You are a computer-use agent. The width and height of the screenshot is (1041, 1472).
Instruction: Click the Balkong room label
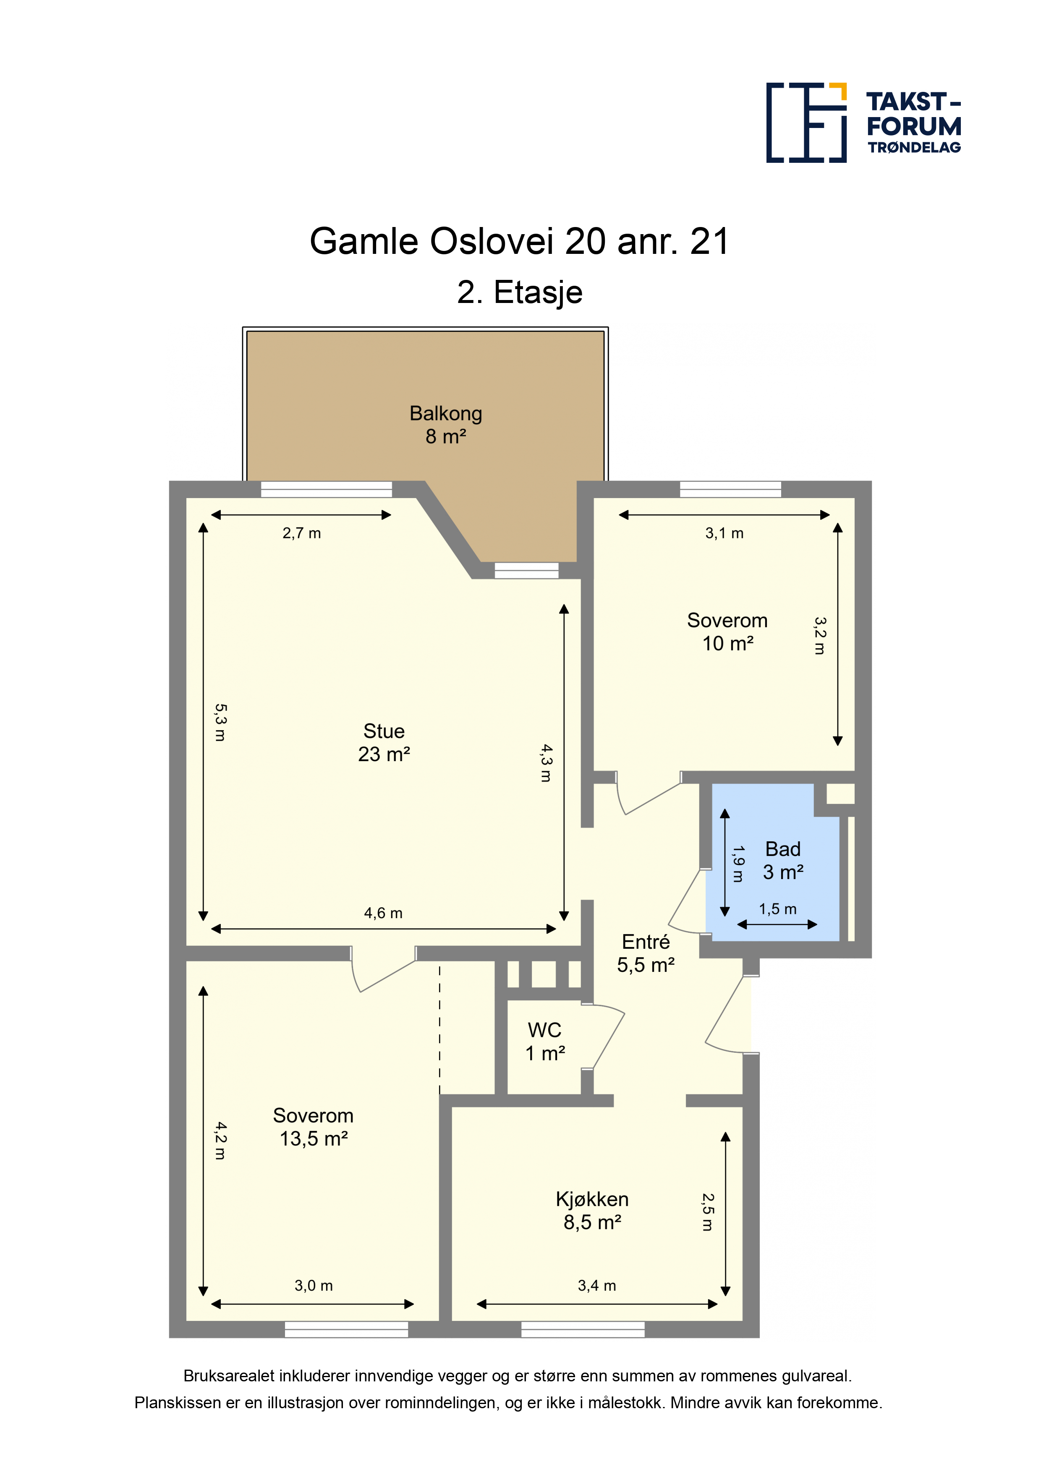point(446,424)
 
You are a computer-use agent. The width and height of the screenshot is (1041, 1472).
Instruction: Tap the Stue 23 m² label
point(384,742)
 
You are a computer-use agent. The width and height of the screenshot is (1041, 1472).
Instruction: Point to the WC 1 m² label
point(544,1041)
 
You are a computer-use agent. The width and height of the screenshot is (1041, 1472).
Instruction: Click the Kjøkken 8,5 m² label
point(592,1211)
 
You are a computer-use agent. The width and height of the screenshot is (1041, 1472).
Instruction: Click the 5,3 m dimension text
point(220,723)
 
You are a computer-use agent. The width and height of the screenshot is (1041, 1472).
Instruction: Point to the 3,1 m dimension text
point(724,533)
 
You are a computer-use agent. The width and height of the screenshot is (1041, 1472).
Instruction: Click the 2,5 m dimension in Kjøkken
point(707,1212)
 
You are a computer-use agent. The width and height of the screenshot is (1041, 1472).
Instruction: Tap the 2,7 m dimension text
point(301,533)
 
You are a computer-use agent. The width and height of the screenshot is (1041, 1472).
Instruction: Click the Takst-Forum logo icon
point(806,123)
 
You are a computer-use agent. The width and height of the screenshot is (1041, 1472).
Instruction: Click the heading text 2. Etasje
point(520,292)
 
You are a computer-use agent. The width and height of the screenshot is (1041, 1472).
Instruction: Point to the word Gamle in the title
point(364,242)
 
